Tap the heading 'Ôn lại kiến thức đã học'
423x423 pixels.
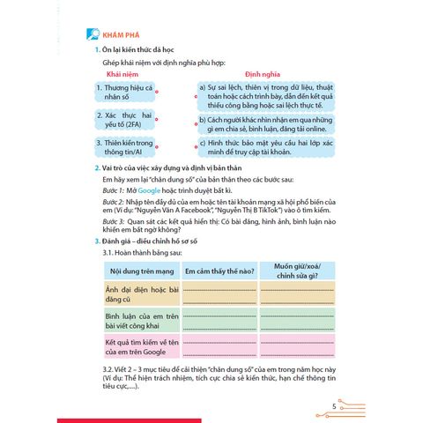[x=146, y=52]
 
